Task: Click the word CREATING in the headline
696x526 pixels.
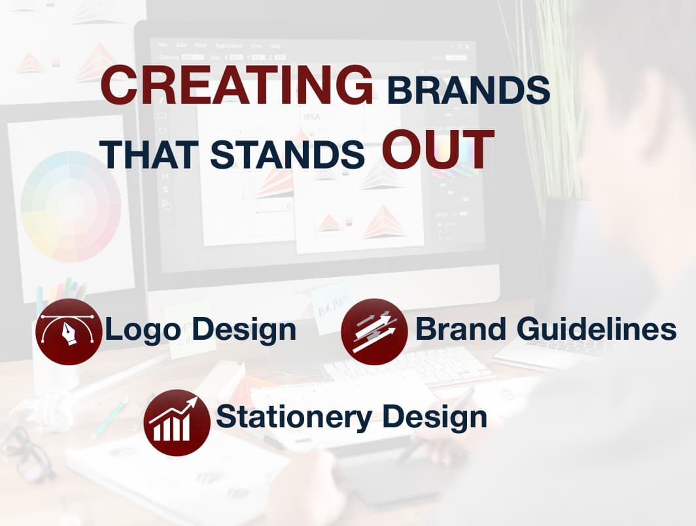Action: click(x=237, y=85)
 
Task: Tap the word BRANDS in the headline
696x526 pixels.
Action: click(x=469, y=90)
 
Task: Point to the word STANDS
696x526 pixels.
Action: click(x=287, y=155)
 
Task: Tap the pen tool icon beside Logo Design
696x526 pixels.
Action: click(x=68, y=332)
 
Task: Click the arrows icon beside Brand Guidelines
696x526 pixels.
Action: click(x=374, y=332)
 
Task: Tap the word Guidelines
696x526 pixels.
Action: click(x=597, y=329)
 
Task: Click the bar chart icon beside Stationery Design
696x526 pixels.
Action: click(x=177, y=422)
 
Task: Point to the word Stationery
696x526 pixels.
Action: click(x=294, y=418)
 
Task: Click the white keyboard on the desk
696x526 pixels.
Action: click(x=408, y=365)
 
